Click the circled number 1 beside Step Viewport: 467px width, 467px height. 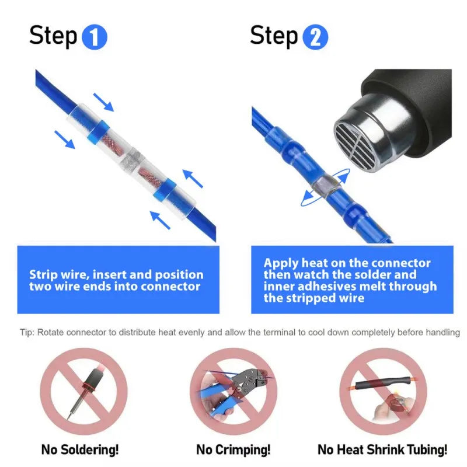94,37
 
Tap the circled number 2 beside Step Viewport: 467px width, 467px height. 315,37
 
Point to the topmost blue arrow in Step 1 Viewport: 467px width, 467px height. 103,102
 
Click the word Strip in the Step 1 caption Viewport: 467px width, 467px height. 43,274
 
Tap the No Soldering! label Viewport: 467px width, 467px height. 79,449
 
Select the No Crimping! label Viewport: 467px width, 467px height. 233,449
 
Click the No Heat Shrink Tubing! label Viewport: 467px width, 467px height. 382,449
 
